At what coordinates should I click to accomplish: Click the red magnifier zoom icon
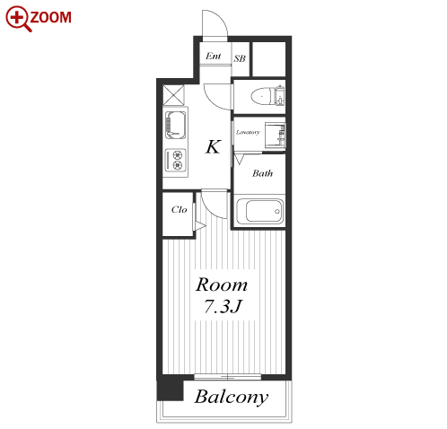18,18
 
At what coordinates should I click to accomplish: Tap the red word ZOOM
51,17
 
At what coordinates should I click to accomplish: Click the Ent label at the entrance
214,56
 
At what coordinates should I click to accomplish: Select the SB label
240,58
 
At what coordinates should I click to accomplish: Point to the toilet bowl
262,96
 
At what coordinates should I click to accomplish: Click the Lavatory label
248,132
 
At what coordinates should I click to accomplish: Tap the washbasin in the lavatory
275,135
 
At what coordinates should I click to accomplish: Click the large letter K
214,146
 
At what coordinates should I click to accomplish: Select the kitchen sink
175,125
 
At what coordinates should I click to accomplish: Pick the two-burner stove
176,160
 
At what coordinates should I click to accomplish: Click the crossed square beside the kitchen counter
173,95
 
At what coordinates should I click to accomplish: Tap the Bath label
262,173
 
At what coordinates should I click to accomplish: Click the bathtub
259,211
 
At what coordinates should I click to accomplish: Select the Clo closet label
179,209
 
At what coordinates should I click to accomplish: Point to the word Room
222,285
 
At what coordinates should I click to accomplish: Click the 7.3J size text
223,306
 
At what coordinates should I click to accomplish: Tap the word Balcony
232,397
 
